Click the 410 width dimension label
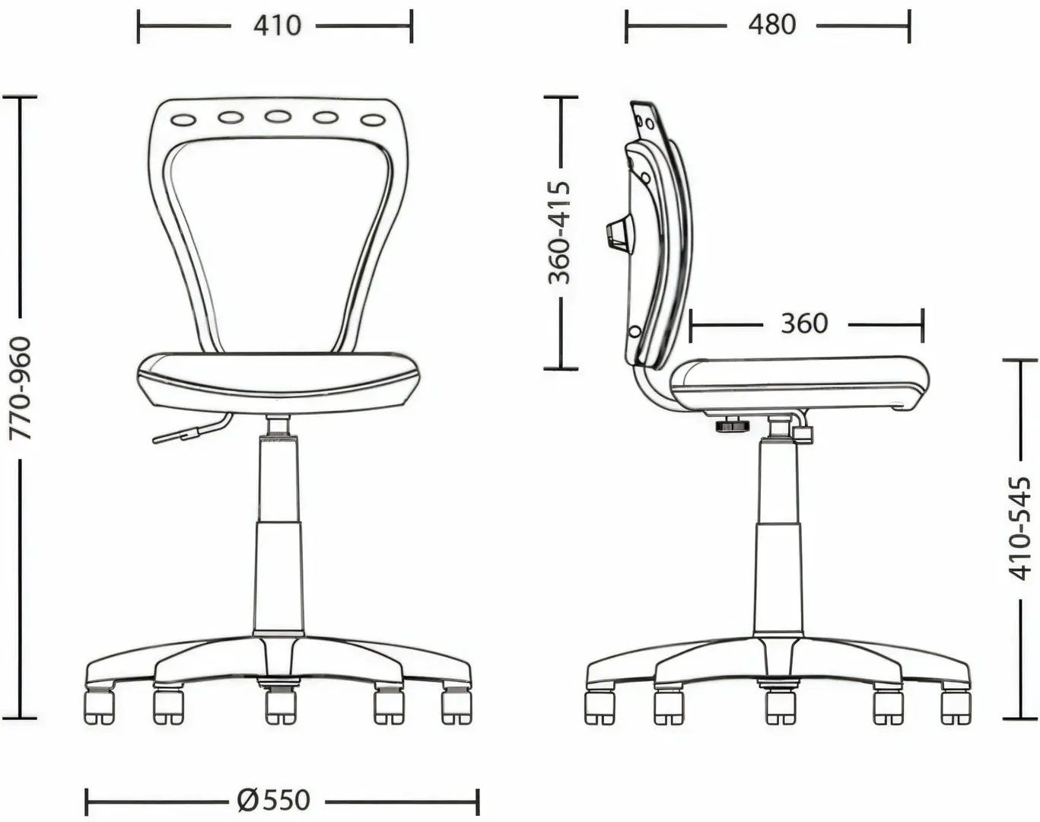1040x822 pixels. (277, 25)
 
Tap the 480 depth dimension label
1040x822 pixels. (771, 24)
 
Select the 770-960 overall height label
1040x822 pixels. (21, 388)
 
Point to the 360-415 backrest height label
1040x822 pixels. (560, 232)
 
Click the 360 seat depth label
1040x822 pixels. (805, 323)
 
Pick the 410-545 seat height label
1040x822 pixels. (1021, 528)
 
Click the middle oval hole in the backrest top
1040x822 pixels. (278, 117)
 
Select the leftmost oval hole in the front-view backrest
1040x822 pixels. (183, 119)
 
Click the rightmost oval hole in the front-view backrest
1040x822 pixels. (373, 119)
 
